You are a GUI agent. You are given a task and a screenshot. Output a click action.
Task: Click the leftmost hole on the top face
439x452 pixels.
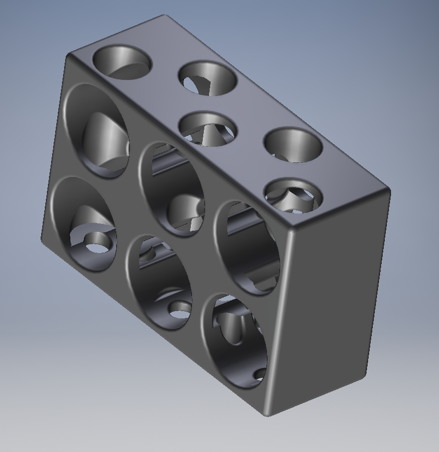[x=121, y=62]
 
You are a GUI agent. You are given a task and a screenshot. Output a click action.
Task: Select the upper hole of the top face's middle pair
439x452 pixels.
[x=208, y=78]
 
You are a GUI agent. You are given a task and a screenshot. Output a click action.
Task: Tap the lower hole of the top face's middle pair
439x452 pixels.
[x=208, y=128]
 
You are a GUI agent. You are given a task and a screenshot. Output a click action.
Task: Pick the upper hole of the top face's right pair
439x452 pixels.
[x=292, y=144]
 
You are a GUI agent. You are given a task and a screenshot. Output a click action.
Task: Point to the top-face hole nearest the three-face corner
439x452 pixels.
[x=290, y=196]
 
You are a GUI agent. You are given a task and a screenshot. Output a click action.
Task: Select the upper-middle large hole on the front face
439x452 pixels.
[x=172, y=188]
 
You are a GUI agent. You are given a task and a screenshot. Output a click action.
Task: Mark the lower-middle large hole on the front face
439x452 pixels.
[x=158, y=282]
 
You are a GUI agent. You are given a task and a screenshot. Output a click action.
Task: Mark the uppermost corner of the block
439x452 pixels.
[x=165, y=16]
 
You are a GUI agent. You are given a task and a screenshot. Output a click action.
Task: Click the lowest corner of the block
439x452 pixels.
[x=266, y=415]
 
